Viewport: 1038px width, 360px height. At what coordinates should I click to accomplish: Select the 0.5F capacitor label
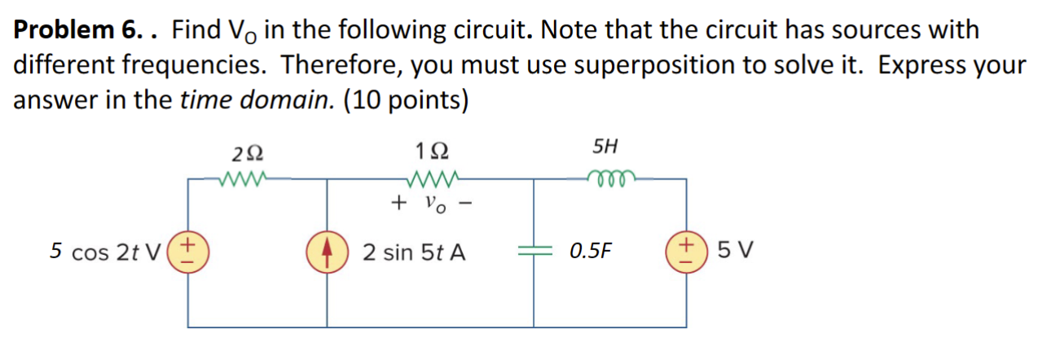pyautogui.click(x=591, y=252)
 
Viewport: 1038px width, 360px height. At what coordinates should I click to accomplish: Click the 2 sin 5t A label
pyautogui.click(x=414, y=252)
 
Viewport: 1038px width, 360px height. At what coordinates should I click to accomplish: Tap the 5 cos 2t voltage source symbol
pyautogui.click(x=189, y=252)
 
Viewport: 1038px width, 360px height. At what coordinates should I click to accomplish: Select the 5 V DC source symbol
pyautogui.click(x=686, y=252)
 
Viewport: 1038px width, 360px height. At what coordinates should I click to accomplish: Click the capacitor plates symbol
pyautogui.click(x=534, y=252)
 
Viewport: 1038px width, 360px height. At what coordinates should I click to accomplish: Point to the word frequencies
pyautogui.click(x=187, y=65)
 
